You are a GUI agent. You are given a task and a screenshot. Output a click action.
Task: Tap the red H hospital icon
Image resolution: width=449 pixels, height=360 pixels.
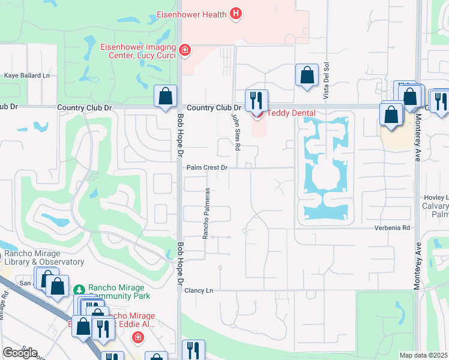click(237, 14)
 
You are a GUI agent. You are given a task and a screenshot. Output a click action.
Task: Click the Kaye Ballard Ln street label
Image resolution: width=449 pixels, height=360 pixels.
click(27, 76)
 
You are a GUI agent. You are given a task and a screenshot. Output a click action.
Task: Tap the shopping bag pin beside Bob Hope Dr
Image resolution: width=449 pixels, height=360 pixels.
click(165, 96)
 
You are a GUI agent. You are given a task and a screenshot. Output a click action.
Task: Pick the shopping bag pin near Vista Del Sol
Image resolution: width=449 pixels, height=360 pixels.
click(307, 76)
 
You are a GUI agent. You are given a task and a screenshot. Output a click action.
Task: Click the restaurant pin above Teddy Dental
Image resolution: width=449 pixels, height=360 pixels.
click(256, 100)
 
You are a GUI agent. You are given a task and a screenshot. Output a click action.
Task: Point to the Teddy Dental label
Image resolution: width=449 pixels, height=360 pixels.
click(291, 113)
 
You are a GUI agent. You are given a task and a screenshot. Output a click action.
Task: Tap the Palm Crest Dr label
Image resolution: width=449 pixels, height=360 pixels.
click(207, 168)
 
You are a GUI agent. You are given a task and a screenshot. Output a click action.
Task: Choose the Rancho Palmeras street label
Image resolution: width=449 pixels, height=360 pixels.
click(205, 213)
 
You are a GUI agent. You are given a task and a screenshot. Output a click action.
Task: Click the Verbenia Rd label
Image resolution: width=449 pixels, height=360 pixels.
click(392, 228)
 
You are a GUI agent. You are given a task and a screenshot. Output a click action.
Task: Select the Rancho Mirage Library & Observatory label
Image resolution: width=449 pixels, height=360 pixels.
click(43, 257)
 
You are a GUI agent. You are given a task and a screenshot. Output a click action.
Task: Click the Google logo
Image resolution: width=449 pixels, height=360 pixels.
click(20, 353)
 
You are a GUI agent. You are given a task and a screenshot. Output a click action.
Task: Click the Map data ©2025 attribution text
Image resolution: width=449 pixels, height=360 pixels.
click(423, 355)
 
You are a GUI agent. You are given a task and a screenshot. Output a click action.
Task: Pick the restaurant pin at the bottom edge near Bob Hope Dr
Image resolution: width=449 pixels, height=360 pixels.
click(193, 350)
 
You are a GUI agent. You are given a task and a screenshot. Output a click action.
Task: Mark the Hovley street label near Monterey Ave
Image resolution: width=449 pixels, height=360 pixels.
click(436, 197)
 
